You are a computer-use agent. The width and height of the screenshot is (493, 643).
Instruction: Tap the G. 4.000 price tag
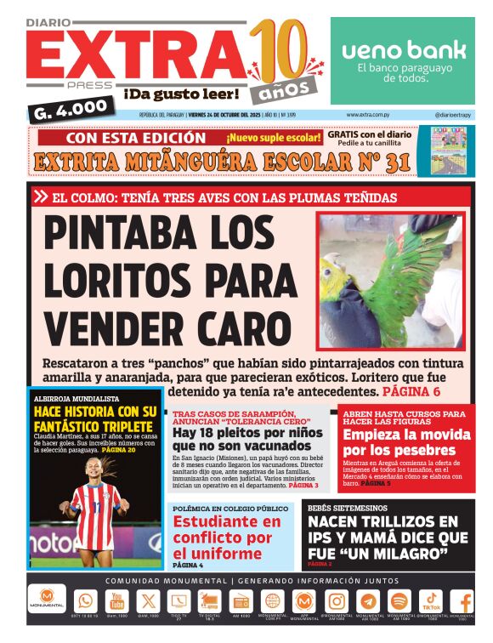pos(72,107)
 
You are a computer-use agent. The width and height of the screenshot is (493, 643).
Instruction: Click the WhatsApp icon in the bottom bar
pos(86,600)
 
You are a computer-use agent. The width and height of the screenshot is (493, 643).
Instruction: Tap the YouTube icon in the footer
pos(116,600)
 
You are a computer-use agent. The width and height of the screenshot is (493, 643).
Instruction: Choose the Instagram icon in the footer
pos(337,600)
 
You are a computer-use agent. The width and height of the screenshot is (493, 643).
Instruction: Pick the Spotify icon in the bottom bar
pos(399,600)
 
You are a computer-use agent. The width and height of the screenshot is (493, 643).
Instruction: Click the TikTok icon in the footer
pos(431,600)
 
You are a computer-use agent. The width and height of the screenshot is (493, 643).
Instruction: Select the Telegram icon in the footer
pos(368,600)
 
